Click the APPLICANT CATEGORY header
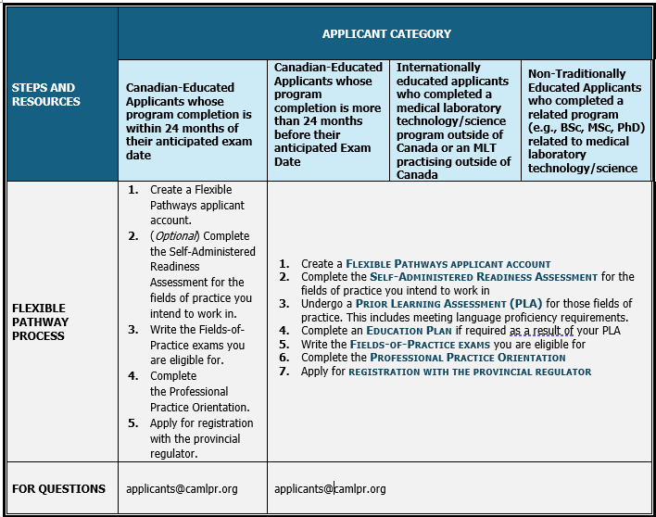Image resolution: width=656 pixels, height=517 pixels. pyautogui.click(x=386, y=34)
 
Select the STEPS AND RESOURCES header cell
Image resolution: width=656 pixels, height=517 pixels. pyautogui.click(x=44, y=95)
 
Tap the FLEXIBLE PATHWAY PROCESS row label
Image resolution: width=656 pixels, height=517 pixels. pyautogui.click(x=41, y=322)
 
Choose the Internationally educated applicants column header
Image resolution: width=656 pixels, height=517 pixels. pyautogui.click(x=453, y=120)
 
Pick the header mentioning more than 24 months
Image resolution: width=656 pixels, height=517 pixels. pyautogui.click(x=328, y=114)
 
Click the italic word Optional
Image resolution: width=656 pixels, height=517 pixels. pyautogui.click(x=176, y=236)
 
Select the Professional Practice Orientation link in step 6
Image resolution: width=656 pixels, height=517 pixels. pyautogui.click(x=467, y=358)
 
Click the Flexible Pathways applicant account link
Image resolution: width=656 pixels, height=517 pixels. pyautogui.click(x=448, y=264)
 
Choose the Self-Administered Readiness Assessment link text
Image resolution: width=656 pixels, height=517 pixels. pyautogui.click(x=484, y=277)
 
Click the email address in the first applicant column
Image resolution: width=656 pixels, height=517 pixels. pyautogui.click(x=182, y=489)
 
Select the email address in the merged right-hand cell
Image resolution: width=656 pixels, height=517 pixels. pyautogui.click(x=330, y=489)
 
